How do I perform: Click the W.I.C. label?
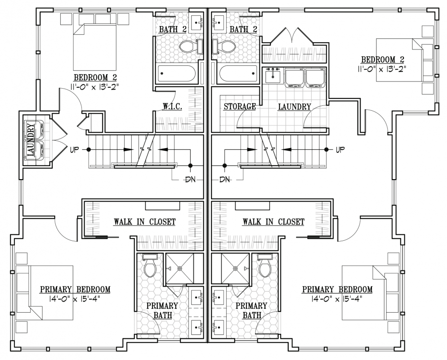click(x=172, y=106)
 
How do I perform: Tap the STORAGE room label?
click(x=239, y=107)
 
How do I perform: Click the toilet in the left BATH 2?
click(x=192, y=46)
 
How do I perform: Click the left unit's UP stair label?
click(x=74, y=149)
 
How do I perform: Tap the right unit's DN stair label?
click(x=225, y=180)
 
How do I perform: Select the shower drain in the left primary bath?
click(x=179, y=268)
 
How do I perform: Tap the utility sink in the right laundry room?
click(x=273, y=76)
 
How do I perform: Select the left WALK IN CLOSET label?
click(x=144, y=222)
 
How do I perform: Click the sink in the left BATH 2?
click(x=197, y=22)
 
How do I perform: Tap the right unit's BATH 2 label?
click(x=243, y=29)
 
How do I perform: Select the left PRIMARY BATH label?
click(x=162, y=310)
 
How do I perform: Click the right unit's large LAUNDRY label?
click(x=294, y=107)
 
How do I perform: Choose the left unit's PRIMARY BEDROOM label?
click(x=75, y=289)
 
